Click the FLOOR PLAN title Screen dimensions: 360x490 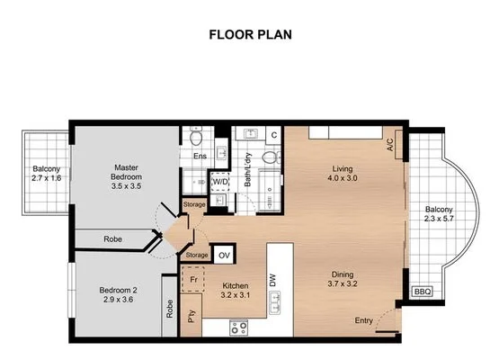click(x=245, y=36)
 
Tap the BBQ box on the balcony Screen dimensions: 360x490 click(x=421, y=292)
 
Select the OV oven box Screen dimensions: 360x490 click(x=225, y=255)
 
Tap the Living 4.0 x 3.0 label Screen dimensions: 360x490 click(x=342, y=174)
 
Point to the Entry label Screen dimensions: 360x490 click(x=364, y=320)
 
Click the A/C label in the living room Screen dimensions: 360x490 click(x=390, y=144)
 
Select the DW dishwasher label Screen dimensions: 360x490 click(x=272, y=281)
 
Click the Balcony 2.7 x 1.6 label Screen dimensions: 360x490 click(x=46, y=173)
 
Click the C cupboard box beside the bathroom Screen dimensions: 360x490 click(x=273, y=135)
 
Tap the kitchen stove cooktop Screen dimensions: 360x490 click(x=238, y=328)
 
